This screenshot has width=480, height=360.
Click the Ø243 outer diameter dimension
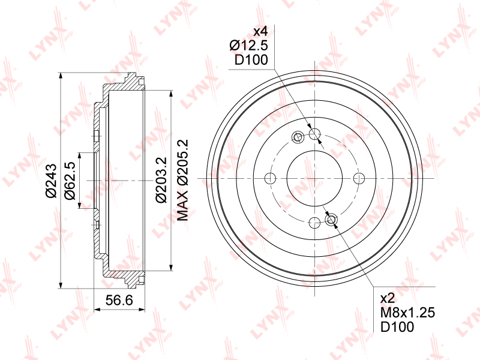point(52,181)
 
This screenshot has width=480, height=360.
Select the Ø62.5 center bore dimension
point(70,181)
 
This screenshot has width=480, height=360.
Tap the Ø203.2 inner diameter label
point(161,179)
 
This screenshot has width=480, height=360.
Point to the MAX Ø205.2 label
point(184,180)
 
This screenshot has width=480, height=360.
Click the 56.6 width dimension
point(119,301)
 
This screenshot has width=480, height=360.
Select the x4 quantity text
point(261,32)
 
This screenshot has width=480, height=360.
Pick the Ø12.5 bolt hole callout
point(248,46)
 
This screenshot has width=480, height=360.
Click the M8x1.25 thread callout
point(407,313)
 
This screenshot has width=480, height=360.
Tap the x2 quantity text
point(387,298)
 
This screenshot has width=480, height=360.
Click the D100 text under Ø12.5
point(251,60)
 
